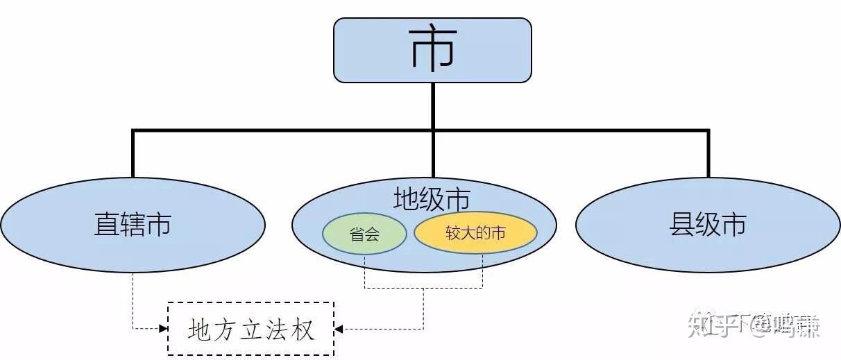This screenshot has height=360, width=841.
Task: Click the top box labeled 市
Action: pyautogui.click(x=432, y=50)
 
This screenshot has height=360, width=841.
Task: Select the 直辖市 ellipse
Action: pyautogui.click(x=133, y=225)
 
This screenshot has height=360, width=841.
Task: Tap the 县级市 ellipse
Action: pyautogui.click(x=708, y=225)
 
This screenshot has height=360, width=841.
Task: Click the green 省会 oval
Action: pyautogui.click(x=364, y=234)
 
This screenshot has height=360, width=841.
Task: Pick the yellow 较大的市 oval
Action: pyautogui.click(x=475, y=233)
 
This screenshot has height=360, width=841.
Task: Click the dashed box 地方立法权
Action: pyautogui.click(x=250, y=329)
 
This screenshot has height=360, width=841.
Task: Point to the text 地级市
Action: pyautogui.click(x=431, y=200)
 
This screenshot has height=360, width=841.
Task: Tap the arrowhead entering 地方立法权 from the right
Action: pyautogui.click(x=339, y=328)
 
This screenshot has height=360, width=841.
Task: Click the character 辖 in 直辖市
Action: pyautogui.click(x=133, y=225)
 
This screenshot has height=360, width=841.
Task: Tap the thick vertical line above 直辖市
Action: pyautogui.click(x=133, y=153)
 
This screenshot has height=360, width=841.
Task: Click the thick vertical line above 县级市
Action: pyautogui.click(x=708, y=153)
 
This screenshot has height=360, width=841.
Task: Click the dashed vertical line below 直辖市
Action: pyautogui.click(x=133, y=298)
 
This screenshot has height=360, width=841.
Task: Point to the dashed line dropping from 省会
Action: pyautogui.click(x=365, y=271)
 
